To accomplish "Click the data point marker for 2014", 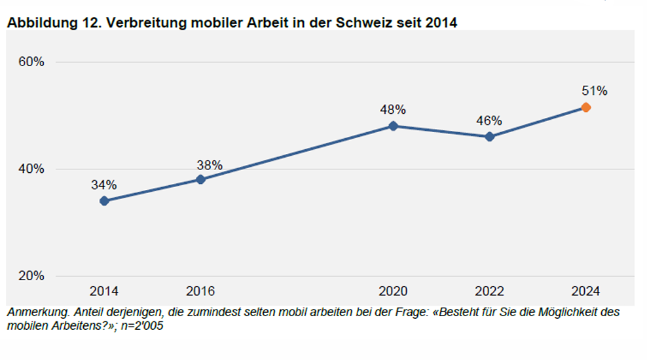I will pos(104,201).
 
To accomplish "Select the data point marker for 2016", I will pos(200,179).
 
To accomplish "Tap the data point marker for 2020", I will pos(393,126).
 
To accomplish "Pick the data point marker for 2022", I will pos(489,137).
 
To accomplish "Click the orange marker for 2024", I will pos(586,107).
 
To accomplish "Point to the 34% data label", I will pos(104,185).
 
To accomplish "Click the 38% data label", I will pos(210,165).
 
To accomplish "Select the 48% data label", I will pos(393,109).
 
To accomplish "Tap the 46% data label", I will pos(489,120).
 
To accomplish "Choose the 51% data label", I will pos(595,91).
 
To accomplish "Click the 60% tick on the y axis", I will pos(31,62).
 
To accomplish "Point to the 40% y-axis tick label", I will pos(31,169).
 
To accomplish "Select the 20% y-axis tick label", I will pos(31,276).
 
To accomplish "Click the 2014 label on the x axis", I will pos(104,291).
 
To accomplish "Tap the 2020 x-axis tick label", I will pos(393,291).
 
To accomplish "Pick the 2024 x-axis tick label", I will pos(585,291).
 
